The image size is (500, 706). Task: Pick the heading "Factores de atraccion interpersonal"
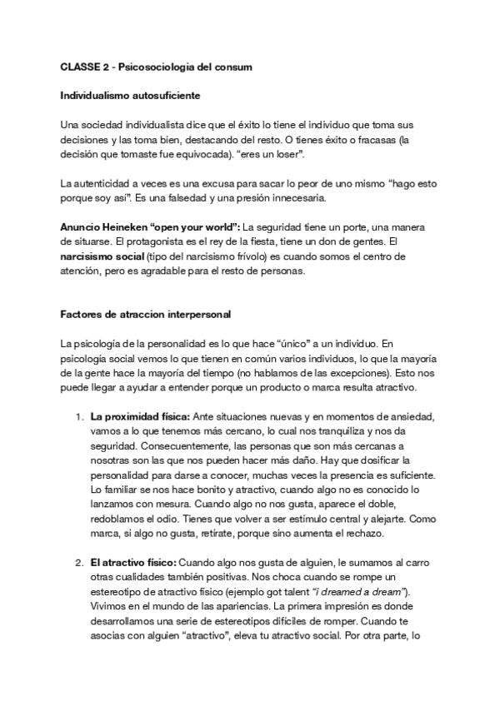tap(146, 315)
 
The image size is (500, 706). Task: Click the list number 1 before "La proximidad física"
tap(77, 416)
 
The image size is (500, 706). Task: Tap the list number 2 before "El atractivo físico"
tap(77, 562)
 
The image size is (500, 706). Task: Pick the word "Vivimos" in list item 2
tap(109, 606)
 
